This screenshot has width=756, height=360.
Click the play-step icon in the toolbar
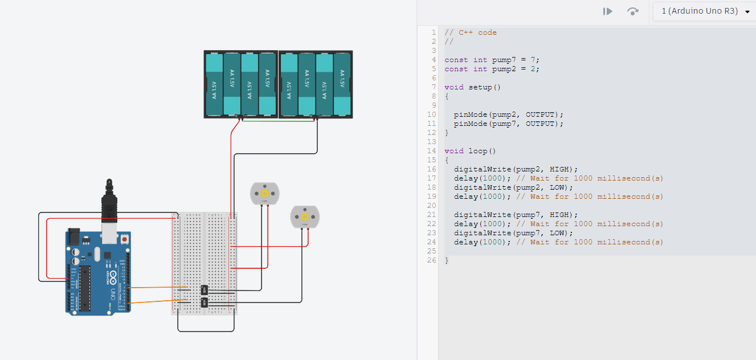608,11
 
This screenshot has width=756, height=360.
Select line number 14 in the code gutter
433,151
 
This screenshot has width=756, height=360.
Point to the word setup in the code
480,87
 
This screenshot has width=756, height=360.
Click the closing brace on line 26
447,260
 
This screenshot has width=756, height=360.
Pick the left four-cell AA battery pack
241,84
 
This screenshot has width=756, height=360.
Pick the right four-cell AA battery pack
315,84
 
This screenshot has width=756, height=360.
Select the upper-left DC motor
265,194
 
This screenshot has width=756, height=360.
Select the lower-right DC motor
305,217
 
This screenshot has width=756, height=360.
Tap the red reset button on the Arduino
124,240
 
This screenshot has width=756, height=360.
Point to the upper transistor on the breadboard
205,290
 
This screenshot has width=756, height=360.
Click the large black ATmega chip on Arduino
84,288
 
